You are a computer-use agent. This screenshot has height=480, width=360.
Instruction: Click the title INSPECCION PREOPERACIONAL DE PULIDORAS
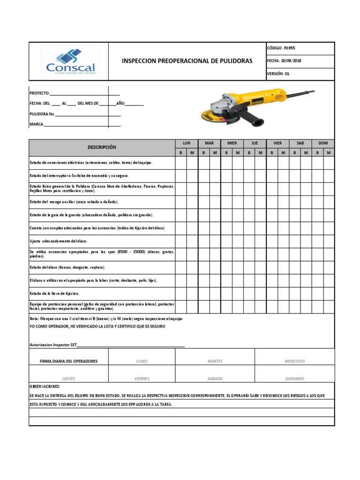pyautogui.click(x=187, y=61)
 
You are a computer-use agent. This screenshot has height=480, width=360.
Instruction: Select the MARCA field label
pyautogui.click(x=36, y=124)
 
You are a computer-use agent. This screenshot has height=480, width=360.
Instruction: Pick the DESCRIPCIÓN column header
pyautogui.click(x=102, y=147)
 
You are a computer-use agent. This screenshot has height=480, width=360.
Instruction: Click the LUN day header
pyautogui.click(x=187, y=143)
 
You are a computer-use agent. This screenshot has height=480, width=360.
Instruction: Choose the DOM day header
pyautogui.click(x=323, y=143)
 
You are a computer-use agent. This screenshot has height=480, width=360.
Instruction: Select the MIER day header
pyautogui.click(x=232, y=143)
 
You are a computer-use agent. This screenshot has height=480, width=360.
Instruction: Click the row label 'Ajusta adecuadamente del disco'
pyautogui.click(x=59, y=241)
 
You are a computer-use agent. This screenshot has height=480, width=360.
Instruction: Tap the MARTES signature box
pyautogui.click(x=215, y=361)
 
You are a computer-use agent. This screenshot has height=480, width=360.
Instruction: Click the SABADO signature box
pyautogui.click(x=215, y=378)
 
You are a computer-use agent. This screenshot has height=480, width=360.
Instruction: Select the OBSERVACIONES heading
pyautogui.click(x=45, y=387)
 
